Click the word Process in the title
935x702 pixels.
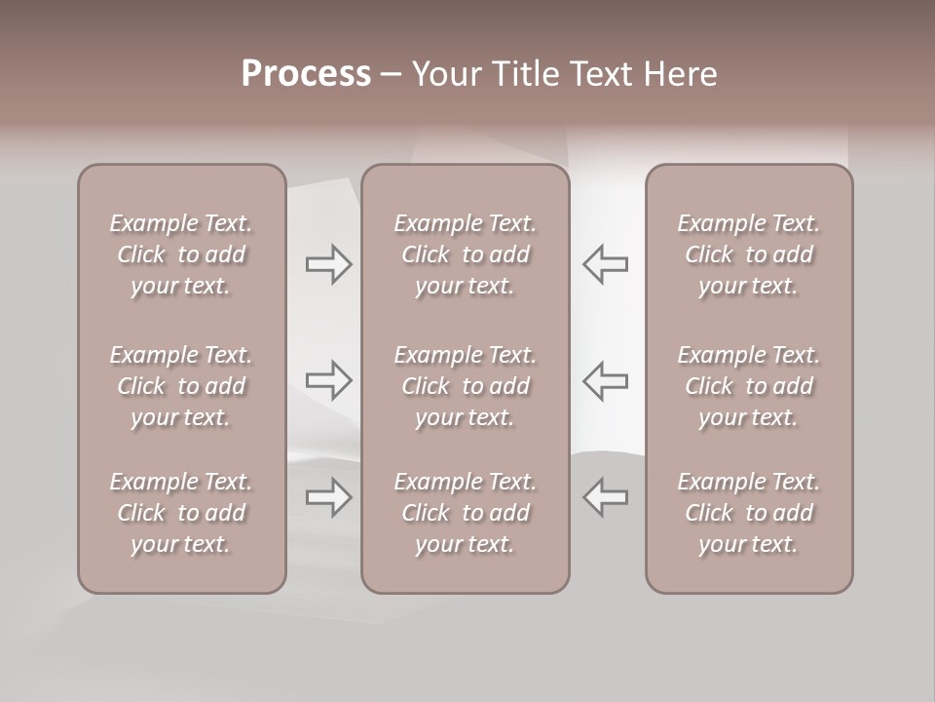(306, 74)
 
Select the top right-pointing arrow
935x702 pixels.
(328, 264)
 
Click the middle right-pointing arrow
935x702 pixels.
(328, 380)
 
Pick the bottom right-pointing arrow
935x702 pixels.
(328, 497)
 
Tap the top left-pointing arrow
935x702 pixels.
(606, 264)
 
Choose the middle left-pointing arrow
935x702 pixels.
(606, 380)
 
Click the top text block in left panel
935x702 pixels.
(181, 254)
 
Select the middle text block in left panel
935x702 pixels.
(181, 386)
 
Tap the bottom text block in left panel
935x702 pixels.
(181, 513)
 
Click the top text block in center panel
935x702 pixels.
(466, 254)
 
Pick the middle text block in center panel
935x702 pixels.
(466, 386)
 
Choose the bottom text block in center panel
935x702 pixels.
(466, 513)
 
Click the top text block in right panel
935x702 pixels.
(749, 254)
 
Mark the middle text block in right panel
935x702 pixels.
(749, 386)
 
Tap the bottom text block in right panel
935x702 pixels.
(749, 513)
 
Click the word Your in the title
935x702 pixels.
(444, 74)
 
